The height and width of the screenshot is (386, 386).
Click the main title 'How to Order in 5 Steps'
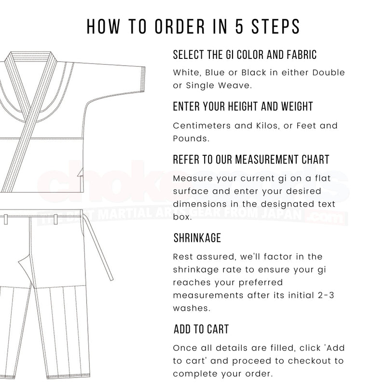[x=193, y=27]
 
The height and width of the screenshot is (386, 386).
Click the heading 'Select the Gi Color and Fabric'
[x=245, y=55]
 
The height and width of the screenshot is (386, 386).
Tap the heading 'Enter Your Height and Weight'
[x=243, y=106]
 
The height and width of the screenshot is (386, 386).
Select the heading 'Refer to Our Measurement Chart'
[x=251, y=159]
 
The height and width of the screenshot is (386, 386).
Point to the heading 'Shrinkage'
[x=197, y=238]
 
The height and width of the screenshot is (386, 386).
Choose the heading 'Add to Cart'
[x=201, y=330]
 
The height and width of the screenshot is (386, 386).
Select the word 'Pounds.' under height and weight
[x=191, y=138]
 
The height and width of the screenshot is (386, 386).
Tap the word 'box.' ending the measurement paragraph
[x=182, y=217]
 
